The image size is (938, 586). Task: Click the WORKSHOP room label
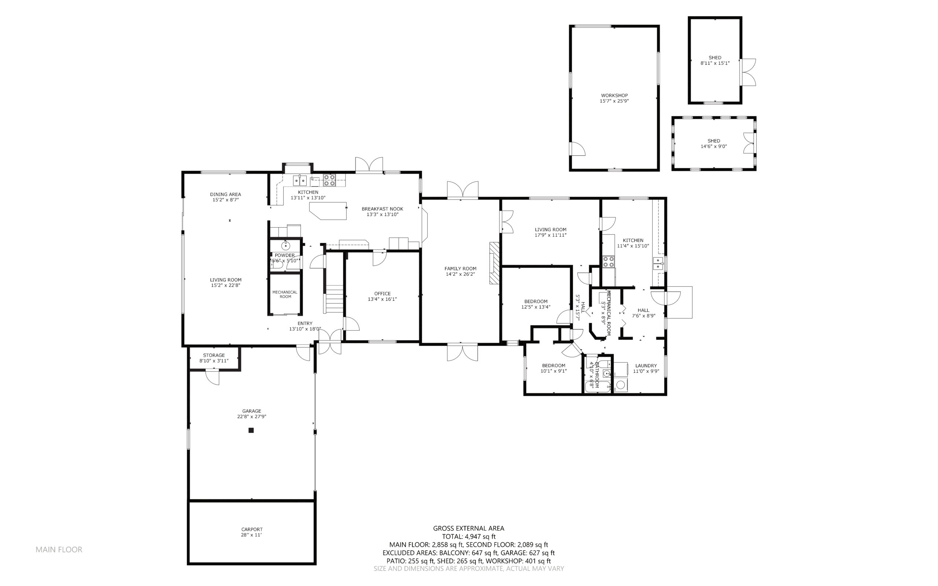tap(614, 95)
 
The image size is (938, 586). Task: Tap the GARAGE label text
tap(252, 411)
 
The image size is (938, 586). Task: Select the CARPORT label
tap(252, 530)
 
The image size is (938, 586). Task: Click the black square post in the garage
tap(251, 430)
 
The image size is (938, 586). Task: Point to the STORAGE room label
tap(214, 355)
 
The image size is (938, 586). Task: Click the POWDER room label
tap(285, 255)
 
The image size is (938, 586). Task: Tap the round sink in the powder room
tap(285, 246)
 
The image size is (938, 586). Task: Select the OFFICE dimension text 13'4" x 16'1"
tap(382, 299)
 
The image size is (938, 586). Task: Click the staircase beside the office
tap(333, 299)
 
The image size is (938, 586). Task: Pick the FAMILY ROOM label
tap(460, 269)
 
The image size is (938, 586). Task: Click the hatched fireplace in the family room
tap(494, 263)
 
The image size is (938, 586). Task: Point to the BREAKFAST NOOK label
tap(383, 209)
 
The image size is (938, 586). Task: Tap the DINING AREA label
tap(225, 195)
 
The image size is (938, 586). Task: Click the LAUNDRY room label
tap(646, 365)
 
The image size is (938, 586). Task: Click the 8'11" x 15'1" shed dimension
tap(715, 63)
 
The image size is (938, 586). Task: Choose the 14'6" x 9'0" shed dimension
tap(714, 147)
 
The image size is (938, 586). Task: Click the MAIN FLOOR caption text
tap(59, 550)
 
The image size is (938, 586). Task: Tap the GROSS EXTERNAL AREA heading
tap(468, 528)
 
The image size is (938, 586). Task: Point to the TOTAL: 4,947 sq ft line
tap(468, 537)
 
